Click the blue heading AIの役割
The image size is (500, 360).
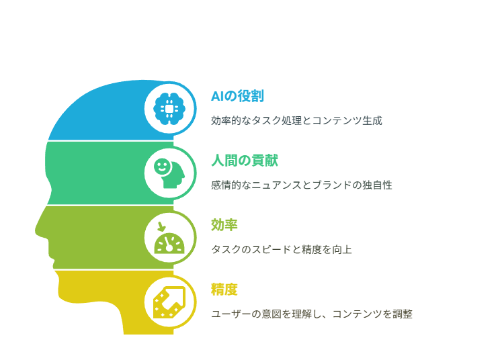tap(237, 96)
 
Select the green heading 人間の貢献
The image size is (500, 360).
tap(245, 161)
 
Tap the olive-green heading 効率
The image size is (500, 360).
tap(224, 225)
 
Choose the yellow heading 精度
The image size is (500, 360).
tap(224, 289)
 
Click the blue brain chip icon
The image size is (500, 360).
tap(169, 109)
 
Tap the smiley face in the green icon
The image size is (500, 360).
tap(162, 166)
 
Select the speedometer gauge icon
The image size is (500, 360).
tap(169, 243)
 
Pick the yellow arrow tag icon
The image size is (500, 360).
tap(169, 302)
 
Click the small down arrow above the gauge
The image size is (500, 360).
tap(162, 227)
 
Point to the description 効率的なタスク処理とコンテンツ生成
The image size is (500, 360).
tap(296, 121)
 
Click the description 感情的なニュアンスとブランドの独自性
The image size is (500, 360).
tap(302, 185)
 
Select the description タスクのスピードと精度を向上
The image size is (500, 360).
tap(282, 249)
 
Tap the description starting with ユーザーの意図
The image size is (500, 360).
tap(312, 314)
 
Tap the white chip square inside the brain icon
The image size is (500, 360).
tap(169, 109)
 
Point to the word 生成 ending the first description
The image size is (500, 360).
tap(372, 121)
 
